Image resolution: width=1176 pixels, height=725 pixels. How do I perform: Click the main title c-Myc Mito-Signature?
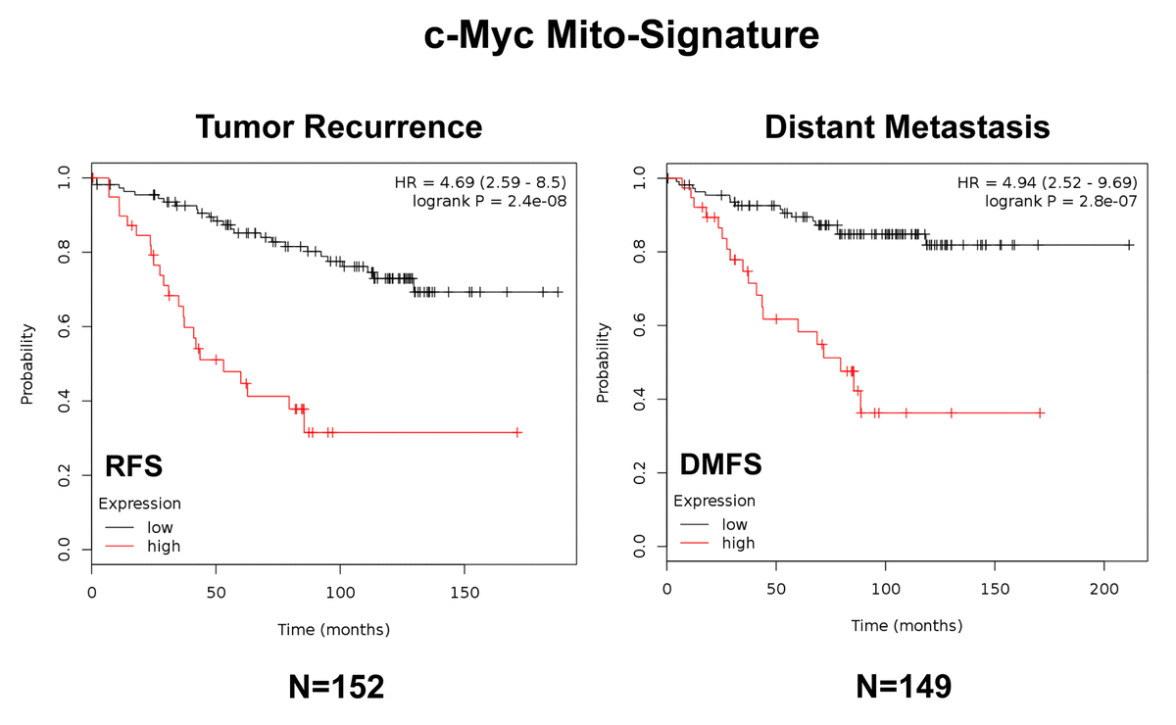pyautogui.click(x=621, y=36)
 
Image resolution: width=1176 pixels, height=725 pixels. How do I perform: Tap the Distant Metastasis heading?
pyautogui.click(x=906, y=127)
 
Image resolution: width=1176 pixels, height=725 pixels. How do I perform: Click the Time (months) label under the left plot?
pyautogui.click(x=333, y=629)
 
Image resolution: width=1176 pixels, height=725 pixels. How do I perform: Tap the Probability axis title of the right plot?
pyautogui.click(x=605, y=362)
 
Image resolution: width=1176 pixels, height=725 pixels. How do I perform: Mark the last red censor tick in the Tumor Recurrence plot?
pyautogui.click(x=518, y=432)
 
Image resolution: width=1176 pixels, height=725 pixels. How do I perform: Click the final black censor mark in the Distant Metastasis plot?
pyautogui.click(x=1130, y=245)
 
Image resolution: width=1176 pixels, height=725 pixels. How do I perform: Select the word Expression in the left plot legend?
pyautogui.click(x=139, y=505)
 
